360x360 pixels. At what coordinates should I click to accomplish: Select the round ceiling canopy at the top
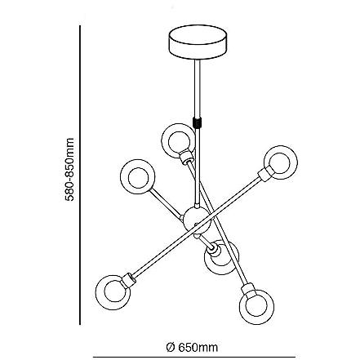(198, 43)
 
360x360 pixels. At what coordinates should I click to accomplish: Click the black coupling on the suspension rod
(197, 122)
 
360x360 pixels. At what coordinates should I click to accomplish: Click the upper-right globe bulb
(281, 162)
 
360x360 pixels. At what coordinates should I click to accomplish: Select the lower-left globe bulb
(113, 292)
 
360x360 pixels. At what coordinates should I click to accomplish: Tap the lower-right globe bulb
(256, 307)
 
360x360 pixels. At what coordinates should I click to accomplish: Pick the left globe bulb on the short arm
(138, 177)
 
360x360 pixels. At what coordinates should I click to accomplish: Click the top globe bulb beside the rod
(178, 140)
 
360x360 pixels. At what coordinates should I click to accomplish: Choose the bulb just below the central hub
(221, 257)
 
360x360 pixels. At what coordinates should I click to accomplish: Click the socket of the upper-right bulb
(264, 175)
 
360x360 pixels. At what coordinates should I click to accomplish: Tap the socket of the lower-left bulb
(128, 280)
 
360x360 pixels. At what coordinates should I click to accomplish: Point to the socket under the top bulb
(186, 157)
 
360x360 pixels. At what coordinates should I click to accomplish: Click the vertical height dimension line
(80, 175)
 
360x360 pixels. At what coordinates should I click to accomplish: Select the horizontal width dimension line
(194, 357)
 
